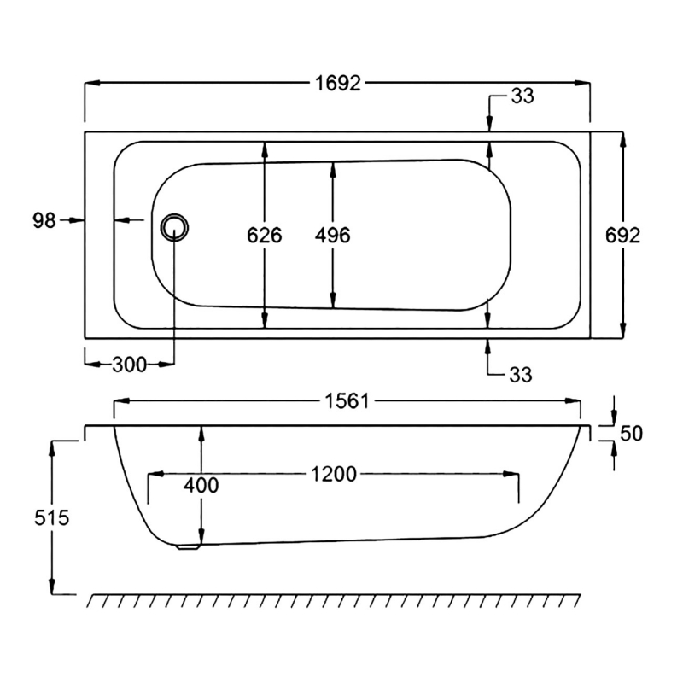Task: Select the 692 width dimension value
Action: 622,235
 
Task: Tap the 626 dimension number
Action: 265,235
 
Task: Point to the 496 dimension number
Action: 333,235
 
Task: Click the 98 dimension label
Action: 44,220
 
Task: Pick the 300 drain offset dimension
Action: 129,365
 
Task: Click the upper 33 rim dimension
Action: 522,96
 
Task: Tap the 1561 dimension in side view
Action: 346,400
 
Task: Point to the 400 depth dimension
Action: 201,485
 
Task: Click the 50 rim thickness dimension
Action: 630,433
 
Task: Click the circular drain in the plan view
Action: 175,226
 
